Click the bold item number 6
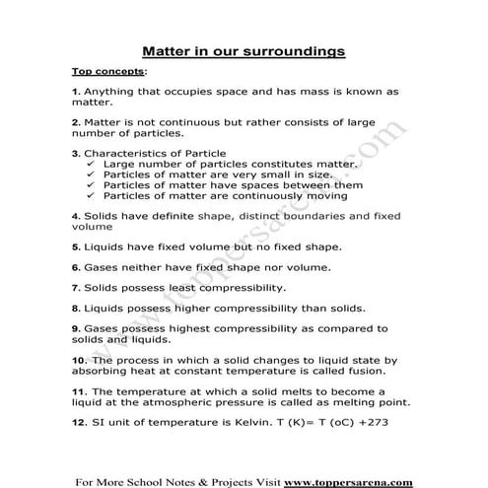pos(77,266)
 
